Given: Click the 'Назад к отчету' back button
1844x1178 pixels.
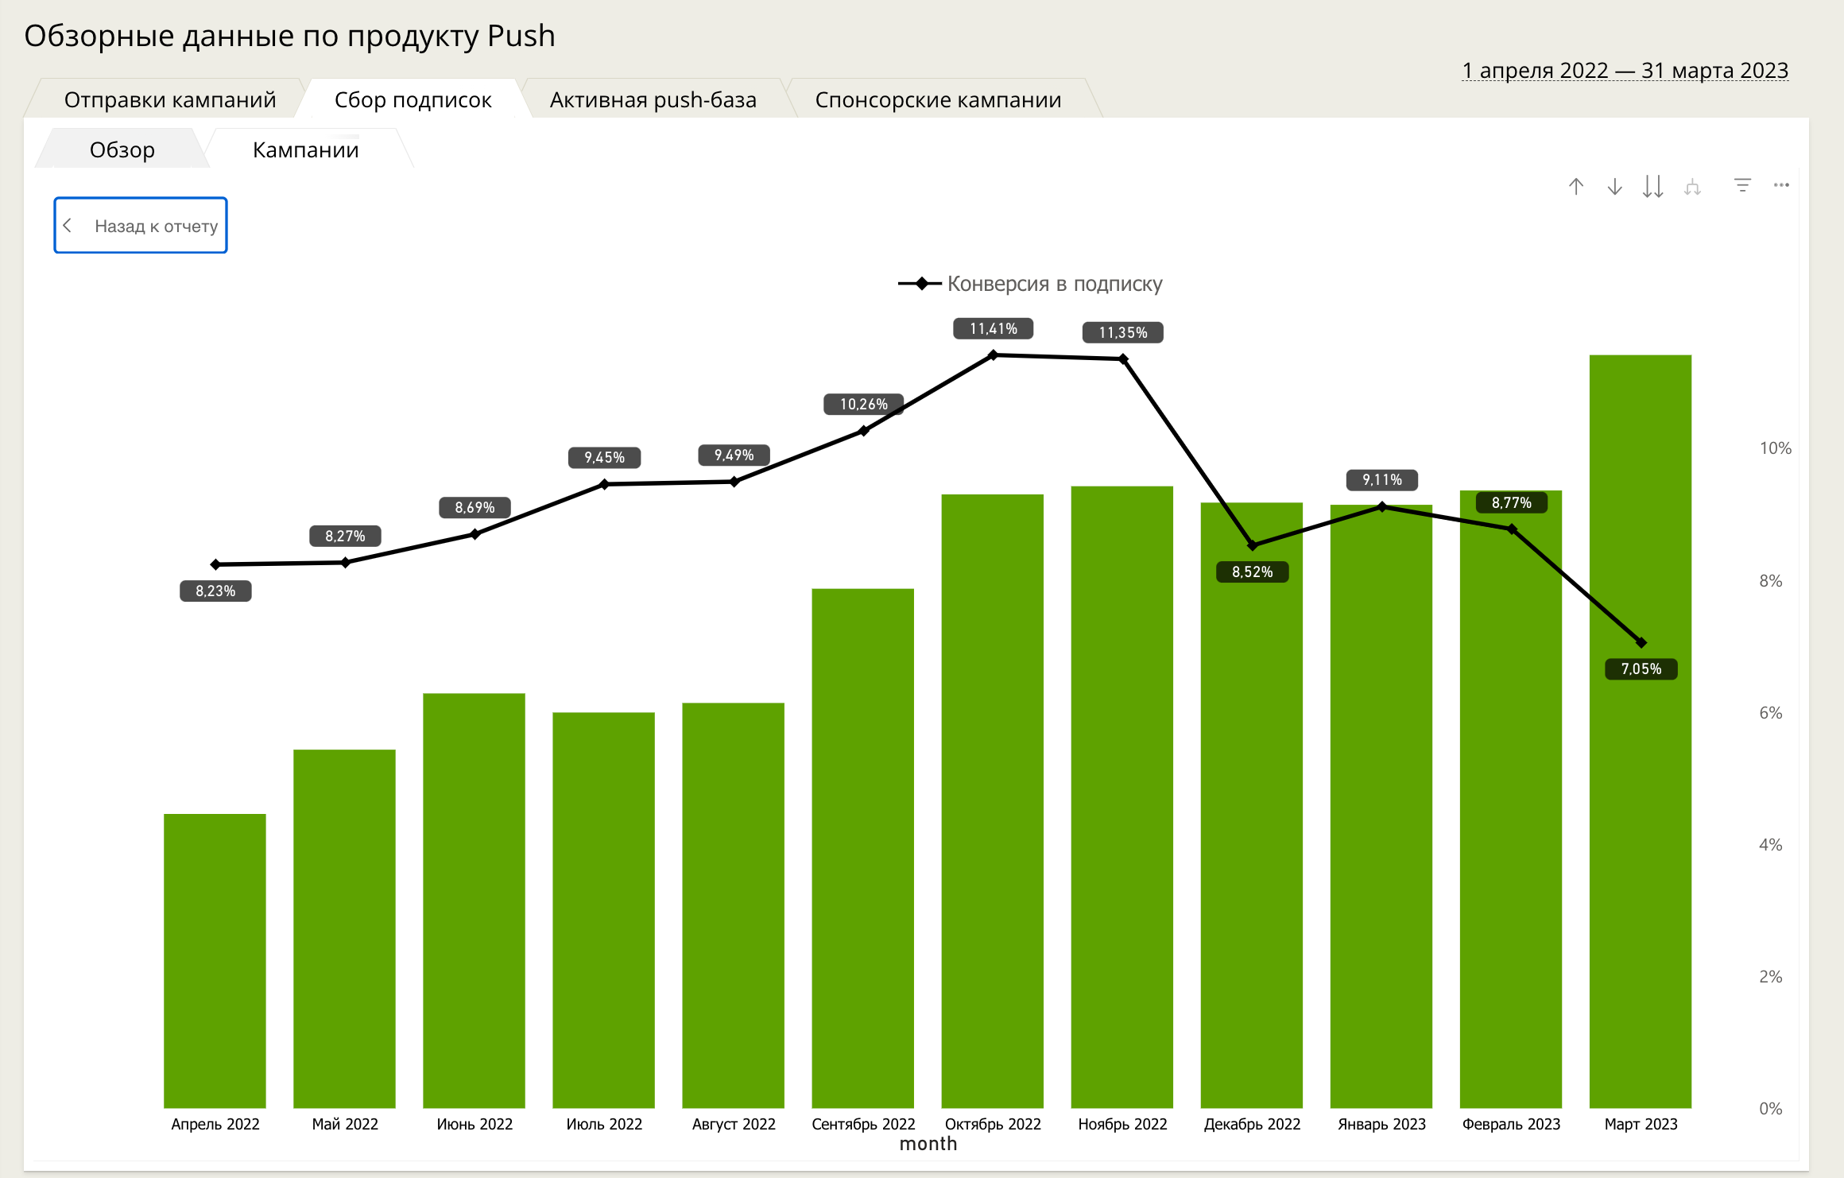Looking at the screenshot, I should (x=141, y=226).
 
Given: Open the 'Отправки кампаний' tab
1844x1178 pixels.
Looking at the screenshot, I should (x=169, y=100).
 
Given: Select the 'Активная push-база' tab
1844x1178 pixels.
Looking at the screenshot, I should (x=653, y=100).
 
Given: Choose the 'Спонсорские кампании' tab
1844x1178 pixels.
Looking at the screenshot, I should (x=938, y=100).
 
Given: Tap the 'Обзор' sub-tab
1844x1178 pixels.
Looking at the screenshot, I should (x=122, y=150).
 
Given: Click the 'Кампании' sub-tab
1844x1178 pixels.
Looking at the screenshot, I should (x=305, y=150).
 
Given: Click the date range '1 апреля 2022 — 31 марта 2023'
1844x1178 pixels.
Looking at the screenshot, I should (x=1625, y=71).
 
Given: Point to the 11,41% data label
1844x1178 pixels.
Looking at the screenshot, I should (x=993, y=329).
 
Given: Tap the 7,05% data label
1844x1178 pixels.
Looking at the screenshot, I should (x=1641, y=669).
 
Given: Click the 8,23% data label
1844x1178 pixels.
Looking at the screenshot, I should (x=215, y=591).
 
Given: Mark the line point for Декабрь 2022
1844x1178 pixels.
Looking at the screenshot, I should (x=1253, y=545).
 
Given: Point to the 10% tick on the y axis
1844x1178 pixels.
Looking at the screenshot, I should (x=1775, y=448).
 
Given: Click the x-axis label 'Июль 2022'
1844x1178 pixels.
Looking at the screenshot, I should (x=604, y=1124).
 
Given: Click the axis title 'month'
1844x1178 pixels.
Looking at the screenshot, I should (x=928, y=1144).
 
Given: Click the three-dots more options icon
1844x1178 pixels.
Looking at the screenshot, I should (x=1781, y=186).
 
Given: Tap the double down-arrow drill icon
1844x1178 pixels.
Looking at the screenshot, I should (x=1652, y=187).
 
